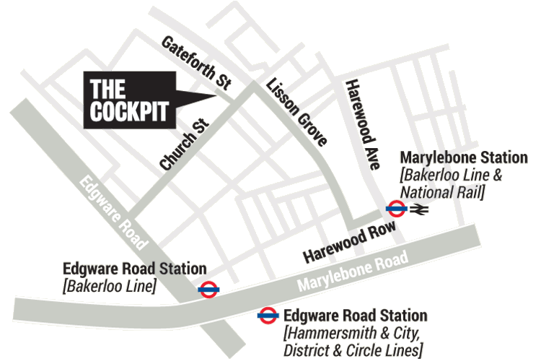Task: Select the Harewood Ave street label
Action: click(361, 124)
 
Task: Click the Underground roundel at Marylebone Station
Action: click(396, 209)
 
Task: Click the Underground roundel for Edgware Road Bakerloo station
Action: click(208, 290)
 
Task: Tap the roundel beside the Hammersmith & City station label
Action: click(268, 316)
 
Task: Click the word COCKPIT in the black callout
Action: click(129, 112)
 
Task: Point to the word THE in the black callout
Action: click(107, 90)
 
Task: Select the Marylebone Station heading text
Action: click(464, 158)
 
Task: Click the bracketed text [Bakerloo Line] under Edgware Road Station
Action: click(109, 286)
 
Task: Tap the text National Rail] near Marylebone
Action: click(442, 191)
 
